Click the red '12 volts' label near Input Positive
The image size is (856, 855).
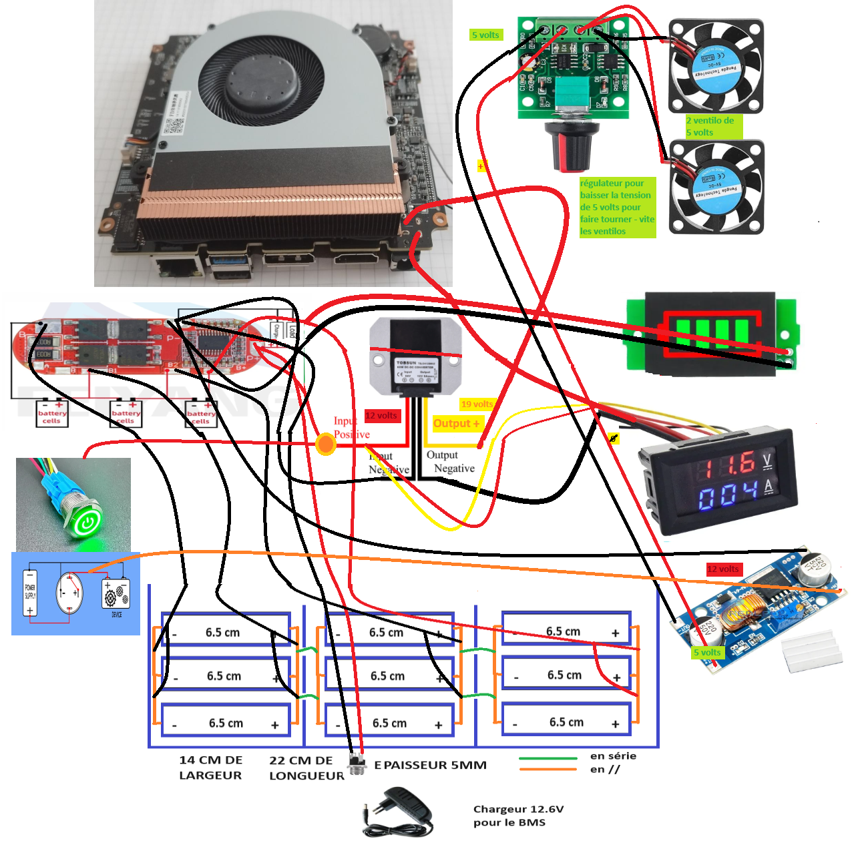click(x=381, y=416)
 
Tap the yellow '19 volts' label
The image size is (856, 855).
click(x=477, y=404)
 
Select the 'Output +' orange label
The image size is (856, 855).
click(x=456, y=423)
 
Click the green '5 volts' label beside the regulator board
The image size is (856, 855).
click(x=485, y=35)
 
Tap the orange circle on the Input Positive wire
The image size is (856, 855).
click(x=325, y=444)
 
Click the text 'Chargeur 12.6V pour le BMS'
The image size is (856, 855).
click(x=518, y=816)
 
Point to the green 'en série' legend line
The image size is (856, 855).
click(x=548, y=758)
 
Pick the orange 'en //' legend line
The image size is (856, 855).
click(x=548, y=770)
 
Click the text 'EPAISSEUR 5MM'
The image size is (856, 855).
click(x=431, y=765)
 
